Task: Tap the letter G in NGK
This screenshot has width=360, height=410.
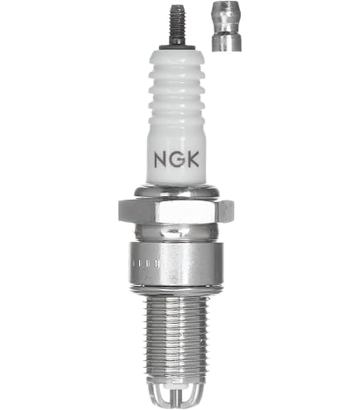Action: [176, 160]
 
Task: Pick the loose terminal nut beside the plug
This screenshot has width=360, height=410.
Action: [227, 27]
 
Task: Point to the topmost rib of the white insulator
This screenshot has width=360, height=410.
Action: [176, 60]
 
